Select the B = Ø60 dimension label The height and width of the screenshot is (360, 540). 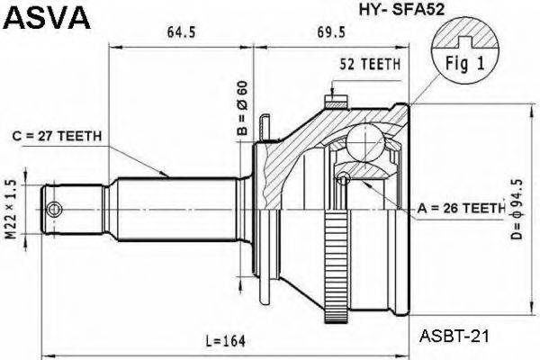241,109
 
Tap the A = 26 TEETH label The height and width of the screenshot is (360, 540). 461,209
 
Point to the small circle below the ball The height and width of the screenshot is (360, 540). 343,180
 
